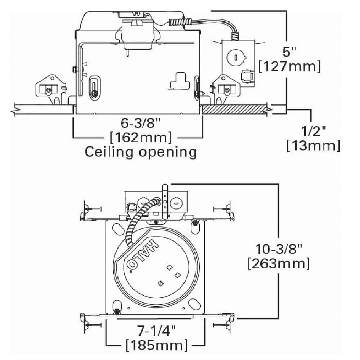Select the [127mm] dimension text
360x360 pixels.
[289, 67]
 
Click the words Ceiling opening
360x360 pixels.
[140, 152]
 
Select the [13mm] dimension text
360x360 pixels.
[313, 146]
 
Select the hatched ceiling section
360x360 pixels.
[234, 109]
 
